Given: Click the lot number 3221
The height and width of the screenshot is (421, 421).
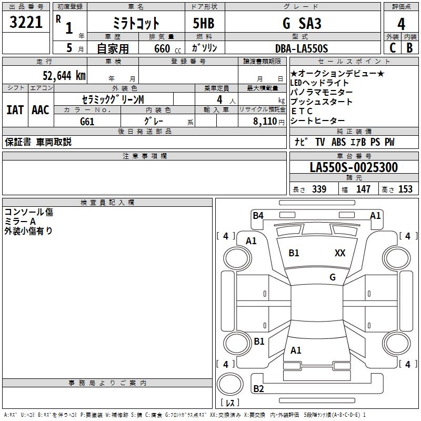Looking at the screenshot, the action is point(26,22).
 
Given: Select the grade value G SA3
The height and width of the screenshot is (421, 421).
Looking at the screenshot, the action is point(302,24).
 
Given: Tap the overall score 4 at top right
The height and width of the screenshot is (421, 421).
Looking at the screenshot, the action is point(402,24).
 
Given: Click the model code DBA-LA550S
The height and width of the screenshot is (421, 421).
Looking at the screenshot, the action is point(302,48).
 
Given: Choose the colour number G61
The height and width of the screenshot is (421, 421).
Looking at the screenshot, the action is point(87,122).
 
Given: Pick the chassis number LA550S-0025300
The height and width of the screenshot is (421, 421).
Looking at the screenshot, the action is point(354,167).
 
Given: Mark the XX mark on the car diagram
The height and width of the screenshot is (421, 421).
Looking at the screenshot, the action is point(340,253).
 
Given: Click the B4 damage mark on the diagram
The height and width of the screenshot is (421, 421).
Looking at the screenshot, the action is point(258,215).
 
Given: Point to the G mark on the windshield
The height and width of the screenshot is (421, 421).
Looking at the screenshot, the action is point(333,277).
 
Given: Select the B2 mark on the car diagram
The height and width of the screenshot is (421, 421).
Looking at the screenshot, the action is point(259,389).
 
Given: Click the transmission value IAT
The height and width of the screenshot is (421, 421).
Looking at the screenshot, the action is point(15,110).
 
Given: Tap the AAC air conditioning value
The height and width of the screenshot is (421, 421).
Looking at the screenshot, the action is point(40,110).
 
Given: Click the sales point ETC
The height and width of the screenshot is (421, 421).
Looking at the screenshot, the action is point(302,111).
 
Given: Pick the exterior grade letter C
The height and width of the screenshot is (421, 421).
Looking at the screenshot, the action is point(392,48).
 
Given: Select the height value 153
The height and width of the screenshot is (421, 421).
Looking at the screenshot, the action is point(405,189).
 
